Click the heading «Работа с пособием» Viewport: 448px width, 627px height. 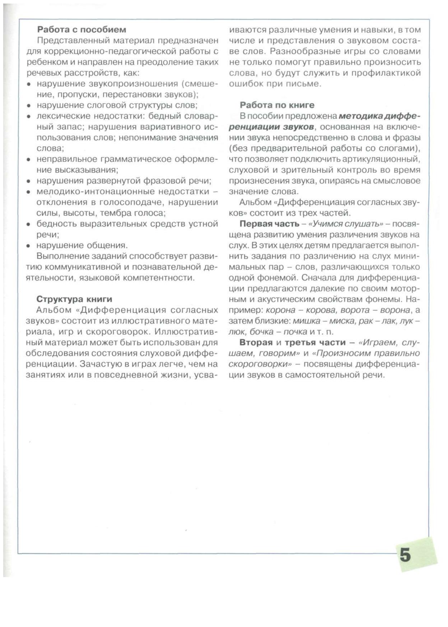(81, 29)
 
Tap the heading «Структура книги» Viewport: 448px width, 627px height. (74, 299)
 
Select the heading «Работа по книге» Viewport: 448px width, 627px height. (277, 105)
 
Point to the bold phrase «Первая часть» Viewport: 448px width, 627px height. (269, 224)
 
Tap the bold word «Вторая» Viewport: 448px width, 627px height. (256, 342)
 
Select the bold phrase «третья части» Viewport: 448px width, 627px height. (315, 342)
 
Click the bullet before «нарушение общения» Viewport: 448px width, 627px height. (28, 246)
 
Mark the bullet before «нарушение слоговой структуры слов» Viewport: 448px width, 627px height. (28, 106)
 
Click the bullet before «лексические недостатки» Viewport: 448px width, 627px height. (28, 117)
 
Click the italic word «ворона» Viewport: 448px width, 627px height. (395, 310)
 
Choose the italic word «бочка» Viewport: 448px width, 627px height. (261, 331)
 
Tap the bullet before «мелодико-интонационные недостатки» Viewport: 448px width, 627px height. (28, 192)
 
